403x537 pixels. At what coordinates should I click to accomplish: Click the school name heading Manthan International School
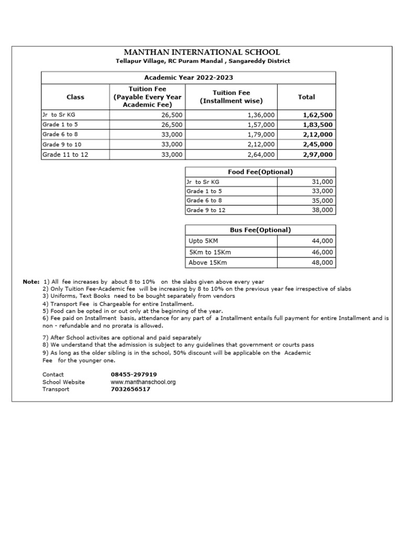[201, 52]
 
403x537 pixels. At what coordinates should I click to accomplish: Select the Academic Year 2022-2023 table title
[188, 77]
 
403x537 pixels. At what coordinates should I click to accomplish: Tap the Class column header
[75, 97]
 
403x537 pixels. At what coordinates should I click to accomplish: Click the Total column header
[306, 97]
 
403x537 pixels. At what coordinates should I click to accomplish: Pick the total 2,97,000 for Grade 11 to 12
[317, 155]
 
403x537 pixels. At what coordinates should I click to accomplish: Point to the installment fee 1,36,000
[260, 115]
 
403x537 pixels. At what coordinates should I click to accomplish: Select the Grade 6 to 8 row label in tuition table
[60, 134]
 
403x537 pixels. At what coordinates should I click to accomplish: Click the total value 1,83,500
[317, 125]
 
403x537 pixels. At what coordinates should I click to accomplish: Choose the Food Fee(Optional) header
[260, 172]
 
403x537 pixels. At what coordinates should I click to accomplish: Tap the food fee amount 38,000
[322, 210]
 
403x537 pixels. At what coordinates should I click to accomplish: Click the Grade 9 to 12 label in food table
[206, 210]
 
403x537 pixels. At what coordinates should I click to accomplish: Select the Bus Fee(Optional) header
[260, 230]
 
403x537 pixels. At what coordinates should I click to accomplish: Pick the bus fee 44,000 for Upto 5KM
[322, 241]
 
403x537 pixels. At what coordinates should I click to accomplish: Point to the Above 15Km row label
[208, 263]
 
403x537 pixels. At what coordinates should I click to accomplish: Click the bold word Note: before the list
[31, 282]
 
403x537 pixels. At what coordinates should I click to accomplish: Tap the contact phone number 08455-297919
[134, 374]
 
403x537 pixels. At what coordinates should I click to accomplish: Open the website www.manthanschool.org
[143, 382]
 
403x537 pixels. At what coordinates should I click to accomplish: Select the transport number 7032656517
[130, 389]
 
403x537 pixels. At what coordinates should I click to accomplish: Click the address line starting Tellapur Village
[203, 61]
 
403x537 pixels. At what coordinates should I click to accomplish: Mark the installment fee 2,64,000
[260, 155]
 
